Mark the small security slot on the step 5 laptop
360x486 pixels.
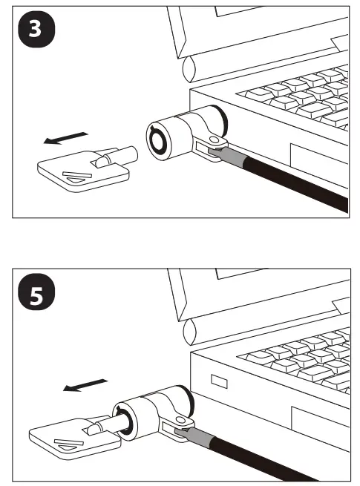click(220, 381)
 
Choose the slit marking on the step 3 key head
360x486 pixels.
click(75, 176)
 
